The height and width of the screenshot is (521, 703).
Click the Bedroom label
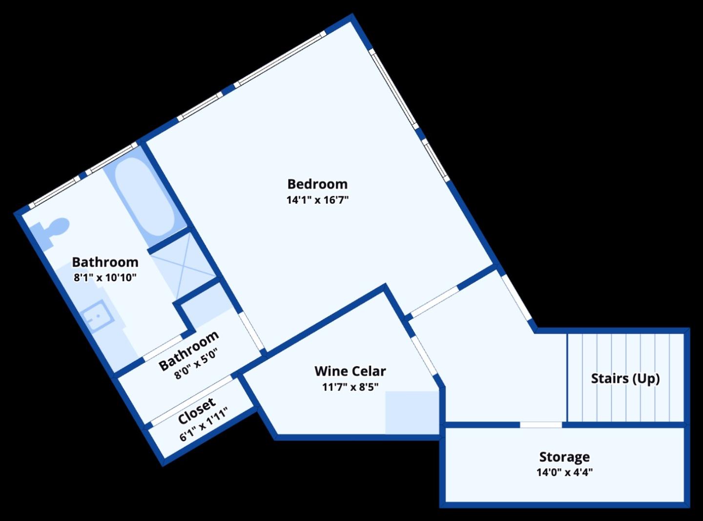pyautogui.click(x=317, y=184)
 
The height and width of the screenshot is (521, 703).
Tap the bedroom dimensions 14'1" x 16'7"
pyautogui.click(x=317, y=200)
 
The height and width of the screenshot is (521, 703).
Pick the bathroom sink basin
pyautogui.click(x=98, y=316)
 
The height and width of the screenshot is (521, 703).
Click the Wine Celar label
pyautogui.click(x=350, y=371)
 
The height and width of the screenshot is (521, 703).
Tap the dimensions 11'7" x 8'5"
pyautogui.click(x=350, y=387)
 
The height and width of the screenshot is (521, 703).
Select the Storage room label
pyautogui.click(x=564, y=457)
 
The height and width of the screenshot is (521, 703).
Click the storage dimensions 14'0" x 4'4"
pyautogui.click(x=564, y=472)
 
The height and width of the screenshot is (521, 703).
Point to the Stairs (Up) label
pyautogui.click(x=625, y=378)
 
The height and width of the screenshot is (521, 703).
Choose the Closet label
pyautogui.click(x=196, y=411)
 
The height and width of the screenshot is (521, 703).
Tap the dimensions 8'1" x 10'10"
pyautogui.click(x=105, y=278)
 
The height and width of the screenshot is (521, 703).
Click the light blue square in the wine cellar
pyautogui.click(x=412, y=413)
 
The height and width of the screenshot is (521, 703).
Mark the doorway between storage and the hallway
pyautogui.click(x=541, y=425)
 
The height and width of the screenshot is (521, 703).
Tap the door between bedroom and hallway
pyautogui.click(x=434, y=301)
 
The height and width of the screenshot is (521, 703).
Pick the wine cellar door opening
pyautogui.click(x=423, y=354)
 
